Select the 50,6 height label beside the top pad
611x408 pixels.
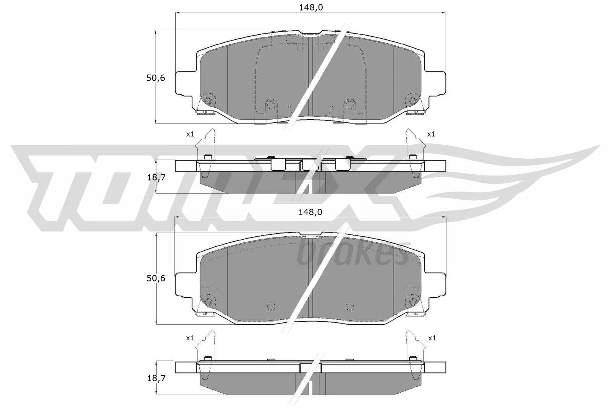(x=155, y=78)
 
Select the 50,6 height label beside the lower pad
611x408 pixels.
(x=155, y=278)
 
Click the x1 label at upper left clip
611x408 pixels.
(x=190, y=134)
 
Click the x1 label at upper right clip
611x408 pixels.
(x=431, y=134)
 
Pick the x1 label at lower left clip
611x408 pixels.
(x=190, y=338)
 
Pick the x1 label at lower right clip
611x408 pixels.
(x=432, y=338)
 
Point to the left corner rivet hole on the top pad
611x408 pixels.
(x=208, y=101)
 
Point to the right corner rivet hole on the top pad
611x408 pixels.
(x=412, y=101)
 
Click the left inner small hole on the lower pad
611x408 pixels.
(x=271, y=306)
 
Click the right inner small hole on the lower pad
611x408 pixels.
(x=349, y=306)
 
